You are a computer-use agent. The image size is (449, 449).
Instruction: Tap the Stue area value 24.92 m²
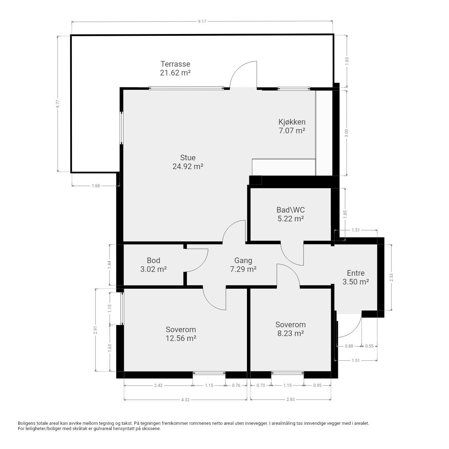pos(188,167)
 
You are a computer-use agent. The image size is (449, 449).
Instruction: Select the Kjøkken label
pos(292,122)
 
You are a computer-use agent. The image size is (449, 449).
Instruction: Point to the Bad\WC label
pos(290,210)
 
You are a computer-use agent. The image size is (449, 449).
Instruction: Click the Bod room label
pos(153,260)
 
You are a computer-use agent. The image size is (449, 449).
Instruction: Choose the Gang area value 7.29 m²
pos(243,269)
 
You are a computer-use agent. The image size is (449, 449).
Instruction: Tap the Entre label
pos(356,273)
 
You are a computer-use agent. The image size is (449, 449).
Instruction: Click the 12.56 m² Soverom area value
pos(181,338)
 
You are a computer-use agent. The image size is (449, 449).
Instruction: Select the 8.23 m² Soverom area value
pos(290,333)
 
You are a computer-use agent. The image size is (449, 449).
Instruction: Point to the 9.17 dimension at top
pos(202,22)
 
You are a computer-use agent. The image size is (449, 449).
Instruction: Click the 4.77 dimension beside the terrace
pos(58,104)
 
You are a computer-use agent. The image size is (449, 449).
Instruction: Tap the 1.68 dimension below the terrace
pos(96,186)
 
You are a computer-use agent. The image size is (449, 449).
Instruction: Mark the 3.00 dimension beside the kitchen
pos(347,133)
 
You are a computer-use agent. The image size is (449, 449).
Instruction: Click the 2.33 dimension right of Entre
pos(391,277)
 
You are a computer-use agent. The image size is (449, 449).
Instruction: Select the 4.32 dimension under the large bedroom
pos(185,400)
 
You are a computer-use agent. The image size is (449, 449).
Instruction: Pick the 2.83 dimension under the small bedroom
pos(290,400)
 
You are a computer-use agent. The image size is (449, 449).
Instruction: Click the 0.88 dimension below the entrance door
pos(349,346)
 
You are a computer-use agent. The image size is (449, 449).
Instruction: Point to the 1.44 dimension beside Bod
pos(110,265)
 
